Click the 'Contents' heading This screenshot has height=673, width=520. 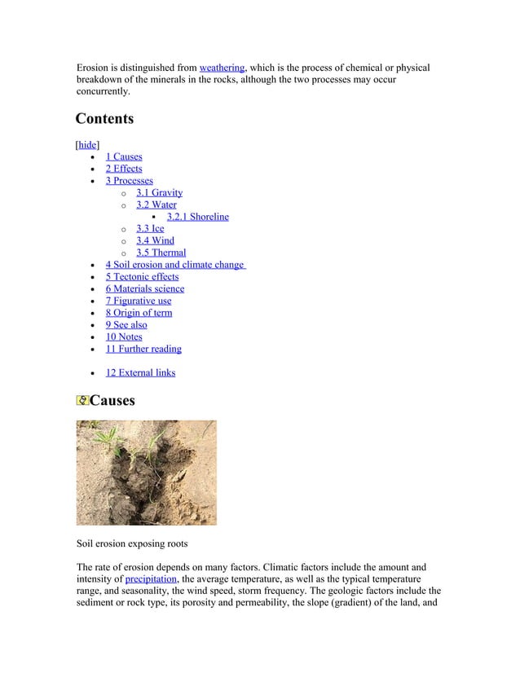click(104, 119)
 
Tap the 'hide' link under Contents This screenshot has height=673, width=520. click(87, 144)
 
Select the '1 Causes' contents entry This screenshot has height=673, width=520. click(123, 156)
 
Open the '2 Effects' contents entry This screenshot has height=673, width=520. click(123, 169)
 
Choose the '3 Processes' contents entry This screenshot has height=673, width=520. click(129, 180)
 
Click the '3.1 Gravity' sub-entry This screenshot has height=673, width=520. click(159, 192)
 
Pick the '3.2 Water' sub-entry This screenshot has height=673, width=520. click(156, 205)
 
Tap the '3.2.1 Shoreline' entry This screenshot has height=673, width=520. click(197, 217)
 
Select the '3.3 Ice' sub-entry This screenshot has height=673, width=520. click(150, 228)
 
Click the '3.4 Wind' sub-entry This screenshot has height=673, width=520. click(155, 240)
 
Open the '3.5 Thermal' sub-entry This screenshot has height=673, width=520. click(161, 253)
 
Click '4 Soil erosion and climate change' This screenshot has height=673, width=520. click(175, 265)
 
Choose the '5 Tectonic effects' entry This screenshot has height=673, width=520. click(142, 276)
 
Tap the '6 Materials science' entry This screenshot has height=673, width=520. click(144, 288)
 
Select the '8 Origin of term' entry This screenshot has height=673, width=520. click(139, 313)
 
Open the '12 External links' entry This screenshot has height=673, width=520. click(140, 373)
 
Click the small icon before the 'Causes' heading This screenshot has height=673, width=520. click(82, 401)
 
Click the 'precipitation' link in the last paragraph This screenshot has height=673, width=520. click(150, 578)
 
